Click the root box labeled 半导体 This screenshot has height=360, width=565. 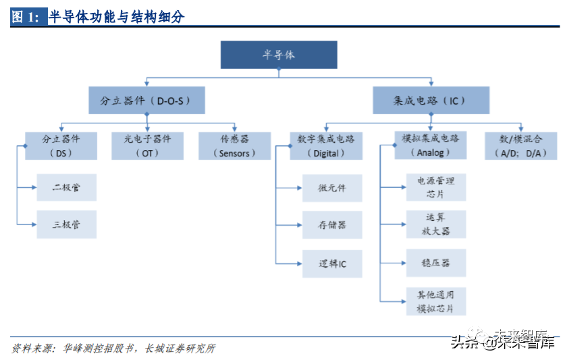[278, 55]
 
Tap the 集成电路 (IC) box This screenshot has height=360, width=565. [431, 100]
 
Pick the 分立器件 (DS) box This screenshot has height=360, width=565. [61, 145]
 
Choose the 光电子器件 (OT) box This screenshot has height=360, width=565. [147, 145]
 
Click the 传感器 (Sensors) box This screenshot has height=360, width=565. [234, 145]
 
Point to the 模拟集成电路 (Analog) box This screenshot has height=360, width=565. [430, 145]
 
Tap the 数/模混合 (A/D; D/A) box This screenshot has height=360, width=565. [520, 145]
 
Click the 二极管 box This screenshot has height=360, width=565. [66, 187]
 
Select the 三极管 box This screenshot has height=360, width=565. [66, 224]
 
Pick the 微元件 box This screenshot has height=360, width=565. [332, 188]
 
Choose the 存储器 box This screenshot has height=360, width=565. [332, 225]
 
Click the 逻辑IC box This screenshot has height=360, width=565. [332, 263]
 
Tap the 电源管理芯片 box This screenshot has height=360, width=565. [435, 187]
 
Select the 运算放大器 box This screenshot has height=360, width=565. [435, 224]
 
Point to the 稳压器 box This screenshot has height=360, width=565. [435, 262]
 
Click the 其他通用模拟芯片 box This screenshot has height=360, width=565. [435, 301]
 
